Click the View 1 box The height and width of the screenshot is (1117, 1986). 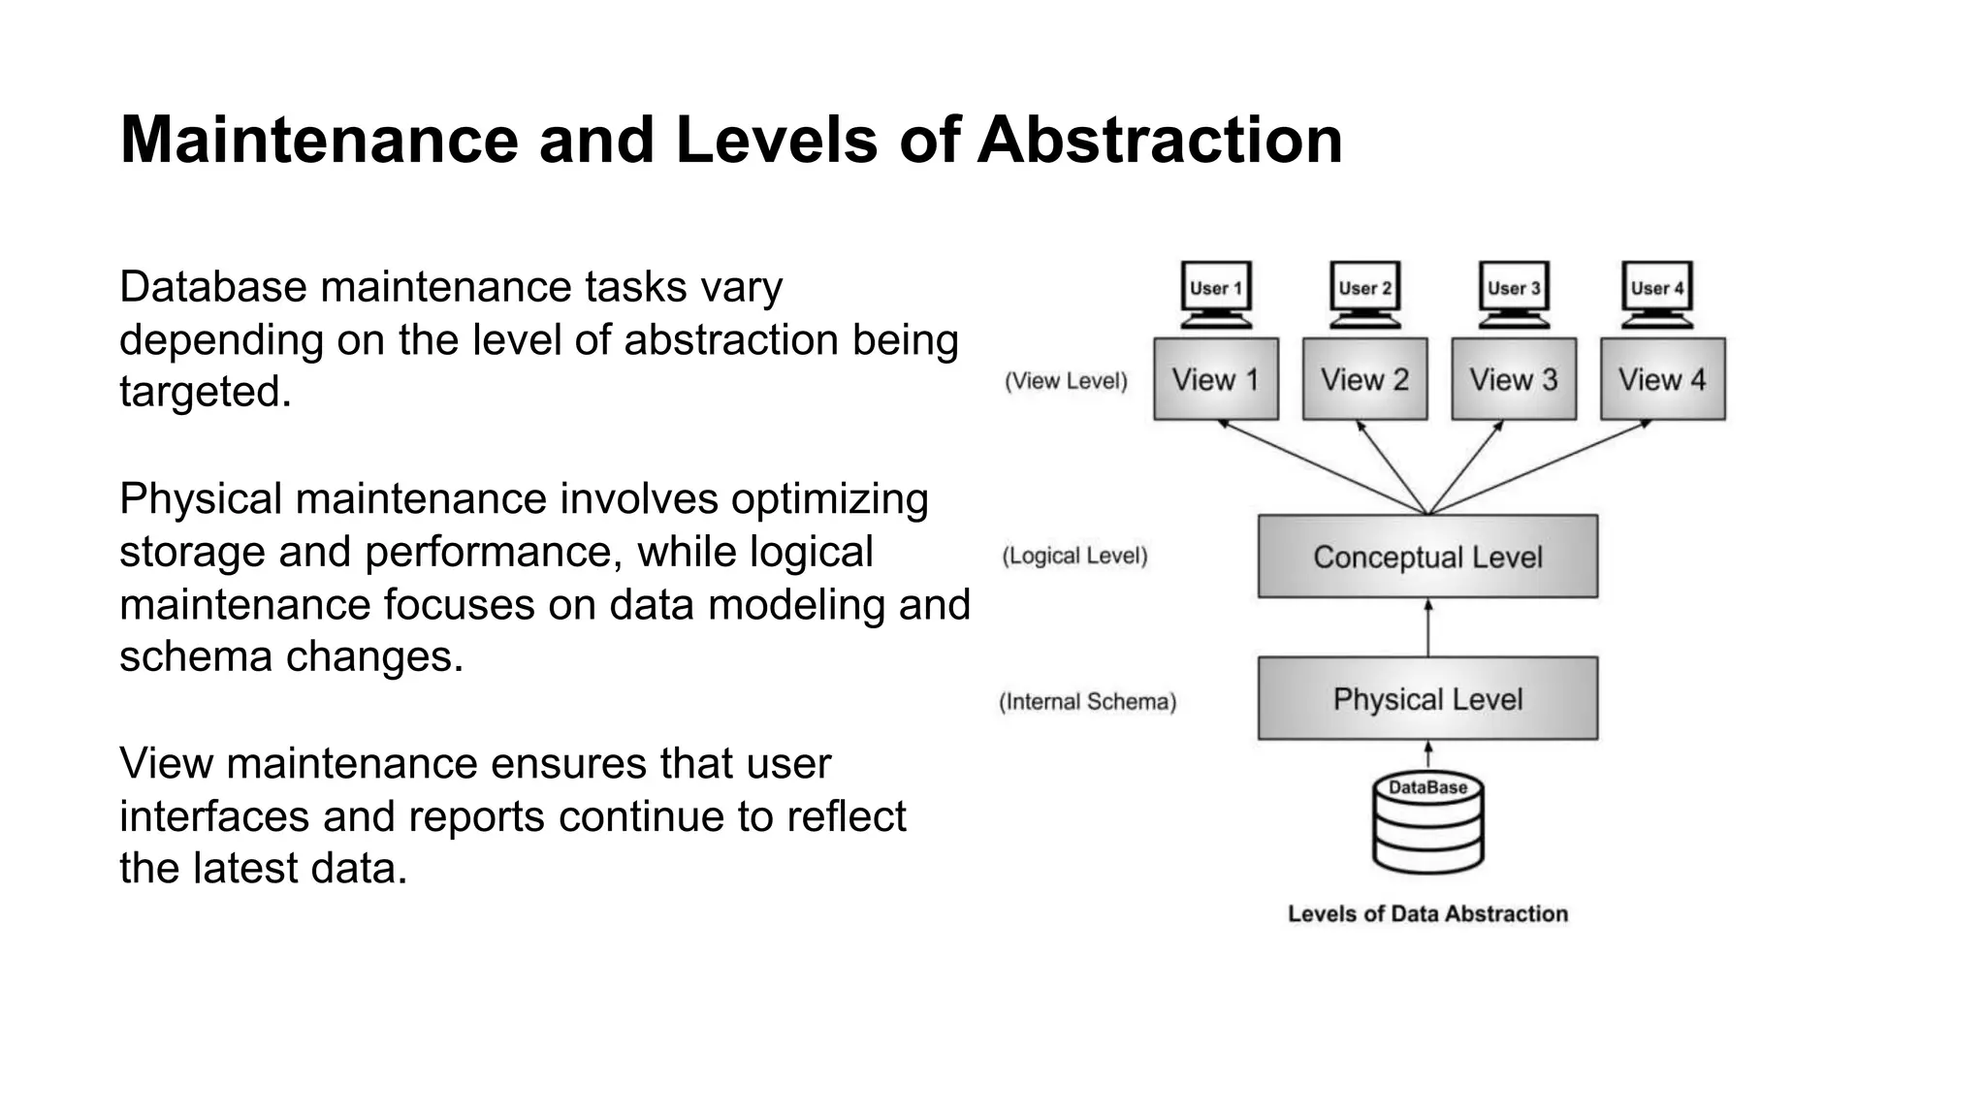(1215, 379)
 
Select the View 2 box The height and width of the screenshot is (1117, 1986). (1364, 379)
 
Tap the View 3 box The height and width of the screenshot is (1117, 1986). (1513, 379)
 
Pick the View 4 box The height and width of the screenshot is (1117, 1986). (1662, 379)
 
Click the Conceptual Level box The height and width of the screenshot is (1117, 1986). (1427, 557)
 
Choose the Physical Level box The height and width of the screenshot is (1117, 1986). (1427, 699)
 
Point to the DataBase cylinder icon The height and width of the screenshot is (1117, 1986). (1427, 824)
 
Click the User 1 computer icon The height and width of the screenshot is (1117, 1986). (1216, 294)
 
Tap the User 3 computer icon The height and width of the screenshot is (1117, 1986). (1514, 294)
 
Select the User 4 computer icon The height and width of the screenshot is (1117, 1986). (1657, 294)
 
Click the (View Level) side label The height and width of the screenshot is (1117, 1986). (1066, 381)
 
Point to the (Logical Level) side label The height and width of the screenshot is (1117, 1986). (1074, 556)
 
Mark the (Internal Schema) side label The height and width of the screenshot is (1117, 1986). (1087, 702)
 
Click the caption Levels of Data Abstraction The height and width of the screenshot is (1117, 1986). (1427, 913)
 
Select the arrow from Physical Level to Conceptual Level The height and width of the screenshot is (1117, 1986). (1427, 627)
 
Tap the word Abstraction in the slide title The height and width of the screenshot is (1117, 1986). (1159, 141)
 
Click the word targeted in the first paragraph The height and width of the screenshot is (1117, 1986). (205, 392)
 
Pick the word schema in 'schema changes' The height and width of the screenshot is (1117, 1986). (195, 656)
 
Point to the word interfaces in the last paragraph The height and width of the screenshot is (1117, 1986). (214, 815)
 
